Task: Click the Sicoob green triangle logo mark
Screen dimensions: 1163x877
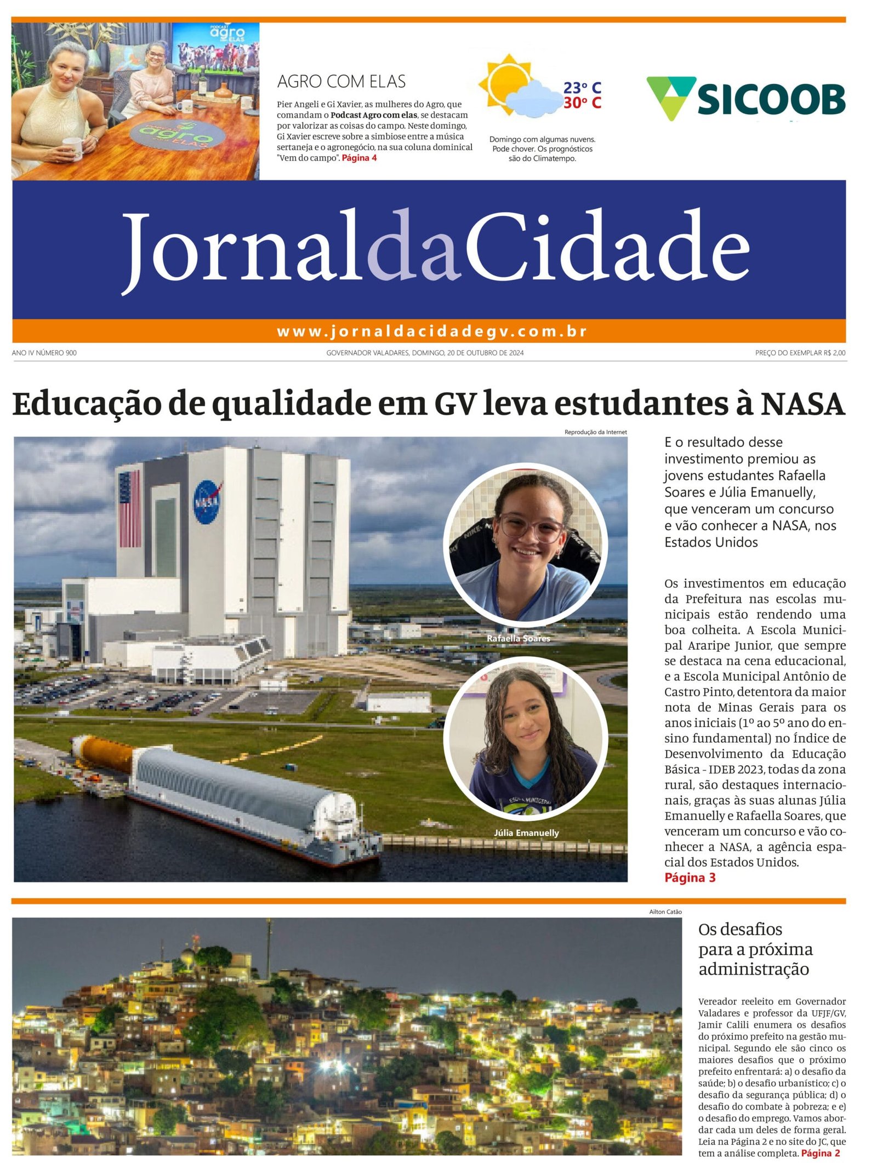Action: [x=670, y=96]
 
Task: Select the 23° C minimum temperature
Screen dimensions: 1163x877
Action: [x=582, y=88]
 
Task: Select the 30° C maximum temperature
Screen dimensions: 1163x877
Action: [x=582, y=102]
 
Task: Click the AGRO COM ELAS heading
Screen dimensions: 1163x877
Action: [x=341, y=82]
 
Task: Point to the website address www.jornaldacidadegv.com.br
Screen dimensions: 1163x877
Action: [x=431, y=331]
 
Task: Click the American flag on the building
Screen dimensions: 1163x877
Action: [x=129, y=509]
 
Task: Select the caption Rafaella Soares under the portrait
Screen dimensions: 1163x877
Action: [x=518, y=638]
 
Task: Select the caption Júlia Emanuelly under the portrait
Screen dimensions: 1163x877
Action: [x=526, y=833]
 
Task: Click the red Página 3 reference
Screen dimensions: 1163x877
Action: [x=690, y=878]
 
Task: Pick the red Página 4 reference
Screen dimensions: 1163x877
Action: [x=359, y=158]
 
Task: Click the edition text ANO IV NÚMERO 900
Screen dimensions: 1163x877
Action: [x=44, y=353]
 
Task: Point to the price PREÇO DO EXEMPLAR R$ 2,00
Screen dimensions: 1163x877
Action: [x=800, y=353]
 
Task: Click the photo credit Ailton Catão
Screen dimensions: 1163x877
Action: [x=665, y=912]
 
